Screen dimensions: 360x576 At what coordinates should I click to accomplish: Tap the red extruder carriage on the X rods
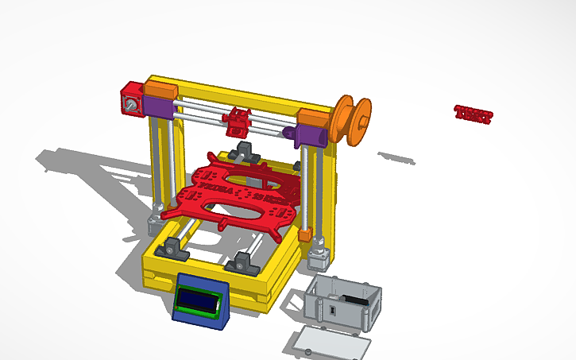238,123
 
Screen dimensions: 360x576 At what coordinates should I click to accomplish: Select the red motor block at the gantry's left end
130,99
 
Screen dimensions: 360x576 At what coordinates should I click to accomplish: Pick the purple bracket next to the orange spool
307,136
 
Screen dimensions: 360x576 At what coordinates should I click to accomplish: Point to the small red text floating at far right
474,114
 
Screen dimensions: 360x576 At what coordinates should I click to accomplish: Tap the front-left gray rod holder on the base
174,247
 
